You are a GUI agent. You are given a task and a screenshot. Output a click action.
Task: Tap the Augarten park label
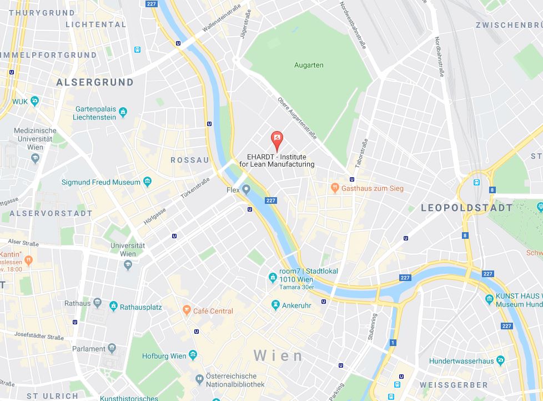pyautogui.click(x=309, y=65)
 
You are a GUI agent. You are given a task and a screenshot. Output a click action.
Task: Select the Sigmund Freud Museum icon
pyautogui.click(x=147, y=182)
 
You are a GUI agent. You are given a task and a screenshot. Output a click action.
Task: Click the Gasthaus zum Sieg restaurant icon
pyautogui.click(x=334, y=188)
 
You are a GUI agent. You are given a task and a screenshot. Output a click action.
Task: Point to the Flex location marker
pyautogui.click(x=246, y=190)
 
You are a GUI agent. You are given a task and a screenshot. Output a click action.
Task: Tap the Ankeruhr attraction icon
pyautogui.click(x=275, y=305)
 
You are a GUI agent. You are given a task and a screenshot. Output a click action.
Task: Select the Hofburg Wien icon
pyautogui.click(x=193, y=355)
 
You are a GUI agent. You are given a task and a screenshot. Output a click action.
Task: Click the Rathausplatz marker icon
pyautogui.click(x=113, y=306)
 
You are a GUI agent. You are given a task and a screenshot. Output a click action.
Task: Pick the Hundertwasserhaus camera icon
pyautogui.click(x=500, y=360)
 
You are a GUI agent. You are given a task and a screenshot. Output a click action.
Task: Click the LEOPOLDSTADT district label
pyautogui.click(x=467, y=208)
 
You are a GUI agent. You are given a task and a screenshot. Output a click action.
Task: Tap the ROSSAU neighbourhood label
pyautogui.click(x=190, y=160)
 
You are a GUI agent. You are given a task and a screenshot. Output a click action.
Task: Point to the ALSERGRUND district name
pyautogui.click(x=95, y=82)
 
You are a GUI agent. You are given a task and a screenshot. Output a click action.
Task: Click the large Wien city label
pyautogui.click(x=279, y=355)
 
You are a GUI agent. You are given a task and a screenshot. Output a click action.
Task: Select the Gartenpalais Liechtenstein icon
pyautogui.click(x=123, y=113)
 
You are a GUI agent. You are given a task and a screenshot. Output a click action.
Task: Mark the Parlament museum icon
pyautogui.click(x=112, y=348)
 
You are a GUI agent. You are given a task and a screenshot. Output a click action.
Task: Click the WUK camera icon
pyautogui.click(x=35, y=101)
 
